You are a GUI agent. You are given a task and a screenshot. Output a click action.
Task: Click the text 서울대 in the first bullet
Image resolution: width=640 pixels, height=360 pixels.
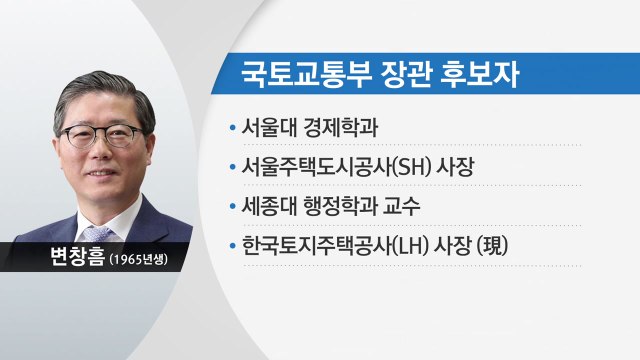269,129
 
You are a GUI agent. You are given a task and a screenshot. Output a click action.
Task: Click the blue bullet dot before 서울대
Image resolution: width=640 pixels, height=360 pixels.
233,130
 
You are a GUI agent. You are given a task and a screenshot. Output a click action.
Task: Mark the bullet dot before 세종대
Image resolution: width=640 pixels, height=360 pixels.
233,205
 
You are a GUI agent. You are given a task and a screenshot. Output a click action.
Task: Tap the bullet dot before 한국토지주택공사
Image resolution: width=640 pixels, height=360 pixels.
233,243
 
